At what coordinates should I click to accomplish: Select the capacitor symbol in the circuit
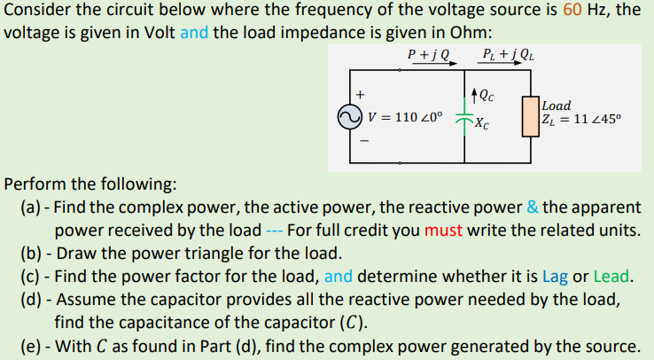465,117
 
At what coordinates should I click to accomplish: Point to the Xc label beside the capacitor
480,124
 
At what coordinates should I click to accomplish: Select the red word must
444,231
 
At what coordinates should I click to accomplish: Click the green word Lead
616,274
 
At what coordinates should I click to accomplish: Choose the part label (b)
32,252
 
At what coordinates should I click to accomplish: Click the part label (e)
32,345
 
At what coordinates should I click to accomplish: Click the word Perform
36,184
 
